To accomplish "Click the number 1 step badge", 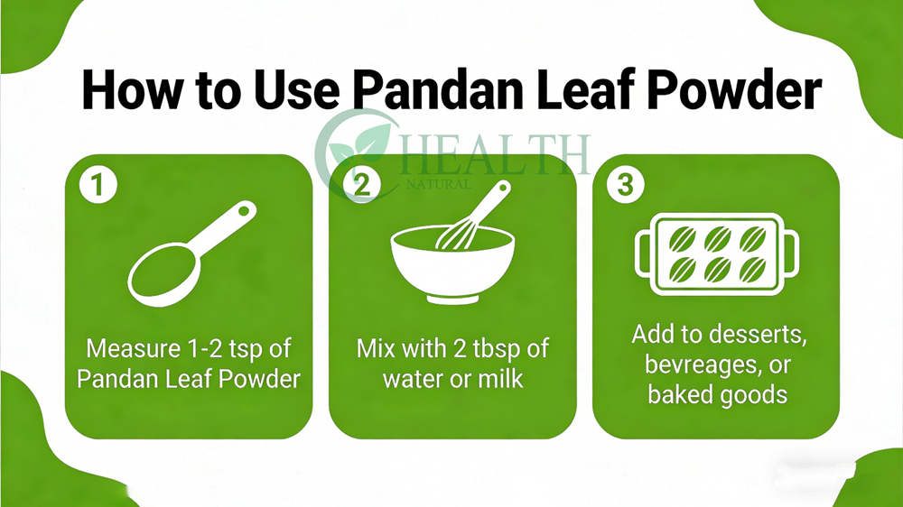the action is tap(98, 185).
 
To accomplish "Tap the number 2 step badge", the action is tap(362, 185).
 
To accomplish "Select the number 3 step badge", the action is tap(626, 185).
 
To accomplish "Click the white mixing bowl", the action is tap(452, 264).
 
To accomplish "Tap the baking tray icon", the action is tap(717, 254).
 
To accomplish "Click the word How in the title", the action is tap(133, 90).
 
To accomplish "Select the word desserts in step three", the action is tap(760, 334).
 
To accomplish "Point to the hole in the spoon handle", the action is tap(244, 211).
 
